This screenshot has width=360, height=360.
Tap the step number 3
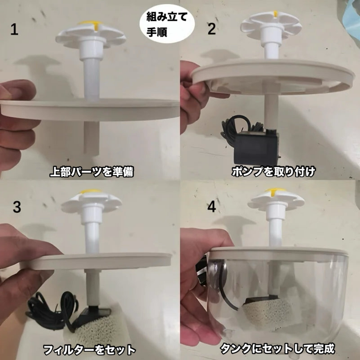coord(17,207)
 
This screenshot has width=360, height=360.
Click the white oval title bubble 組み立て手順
coord(167,25)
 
